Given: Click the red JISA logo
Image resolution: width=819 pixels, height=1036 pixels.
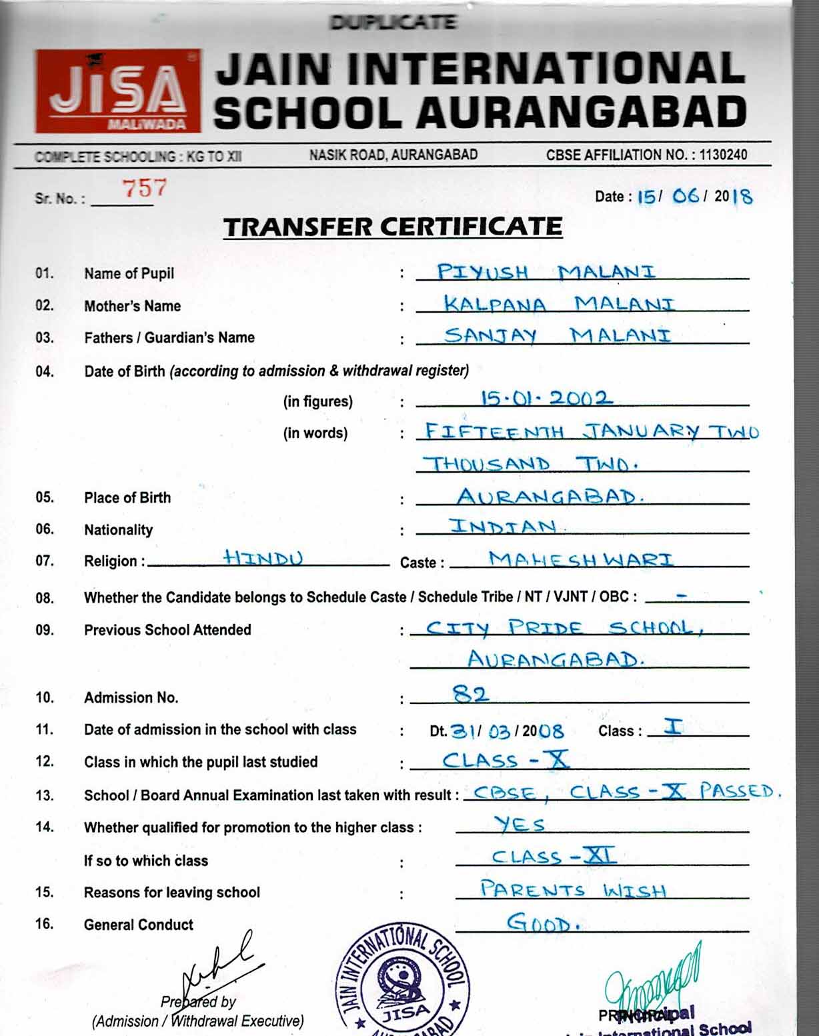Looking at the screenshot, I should click(118, 91).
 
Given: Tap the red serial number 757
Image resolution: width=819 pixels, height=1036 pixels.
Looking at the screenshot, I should click(143, 189).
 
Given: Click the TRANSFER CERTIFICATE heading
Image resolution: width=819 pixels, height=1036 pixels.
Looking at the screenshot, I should click(393, 227).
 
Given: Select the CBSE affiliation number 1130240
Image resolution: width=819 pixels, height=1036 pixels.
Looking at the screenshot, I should click(723, 155).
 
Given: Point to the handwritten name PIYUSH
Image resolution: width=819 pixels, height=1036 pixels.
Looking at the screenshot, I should click(483, 272).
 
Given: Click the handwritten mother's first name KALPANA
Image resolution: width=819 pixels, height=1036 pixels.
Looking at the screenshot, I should click(495, 304).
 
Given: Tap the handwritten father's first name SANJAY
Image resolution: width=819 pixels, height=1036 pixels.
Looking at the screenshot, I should click(490, 335).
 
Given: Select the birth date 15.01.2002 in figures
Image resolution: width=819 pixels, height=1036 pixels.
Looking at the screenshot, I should click(546, 399).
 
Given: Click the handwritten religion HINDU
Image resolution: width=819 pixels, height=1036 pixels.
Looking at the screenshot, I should click(263, 557).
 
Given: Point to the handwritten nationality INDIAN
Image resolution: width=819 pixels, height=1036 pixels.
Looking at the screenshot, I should click(504, 527).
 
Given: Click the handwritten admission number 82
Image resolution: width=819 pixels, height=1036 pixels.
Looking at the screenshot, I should click(471, 695).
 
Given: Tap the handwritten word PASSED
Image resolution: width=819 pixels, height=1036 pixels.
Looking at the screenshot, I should click(738, 791).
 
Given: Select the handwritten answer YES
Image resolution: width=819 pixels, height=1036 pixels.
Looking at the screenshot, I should click(520, 825).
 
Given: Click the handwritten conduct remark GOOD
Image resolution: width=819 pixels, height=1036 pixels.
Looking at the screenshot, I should click(542, 923).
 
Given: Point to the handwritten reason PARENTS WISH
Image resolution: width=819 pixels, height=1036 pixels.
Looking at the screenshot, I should click(572, 890).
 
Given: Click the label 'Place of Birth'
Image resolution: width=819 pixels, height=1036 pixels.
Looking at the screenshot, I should click(127, 498).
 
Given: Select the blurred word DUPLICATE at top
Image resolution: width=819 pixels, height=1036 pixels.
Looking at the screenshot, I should click(393, 23).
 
